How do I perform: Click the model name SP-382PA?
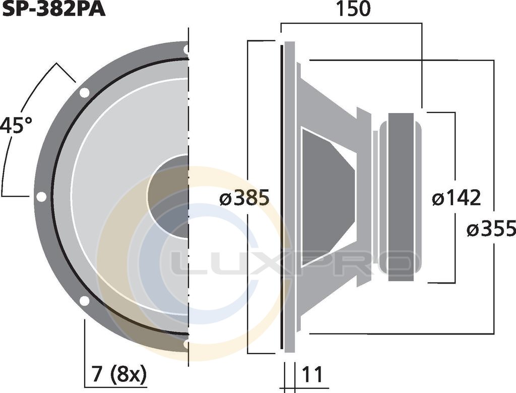click(53, 9)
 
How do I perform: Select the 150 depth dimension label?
click(353, 9)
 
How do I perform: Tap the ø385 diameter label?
click(244, 198)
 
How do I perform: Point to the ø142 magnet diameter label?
click(457, 198)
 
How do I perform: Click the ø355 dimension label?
click(491, 229)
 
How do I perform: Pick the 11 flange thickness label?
click(312, 374)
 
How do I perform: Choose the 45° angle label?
click(16, 125)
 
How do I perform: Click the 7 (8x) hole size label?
click(119, 374)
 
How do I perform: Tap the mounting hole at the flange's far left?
click(41, 197)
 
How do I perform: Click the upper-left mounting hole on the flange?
click(84, 93)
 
